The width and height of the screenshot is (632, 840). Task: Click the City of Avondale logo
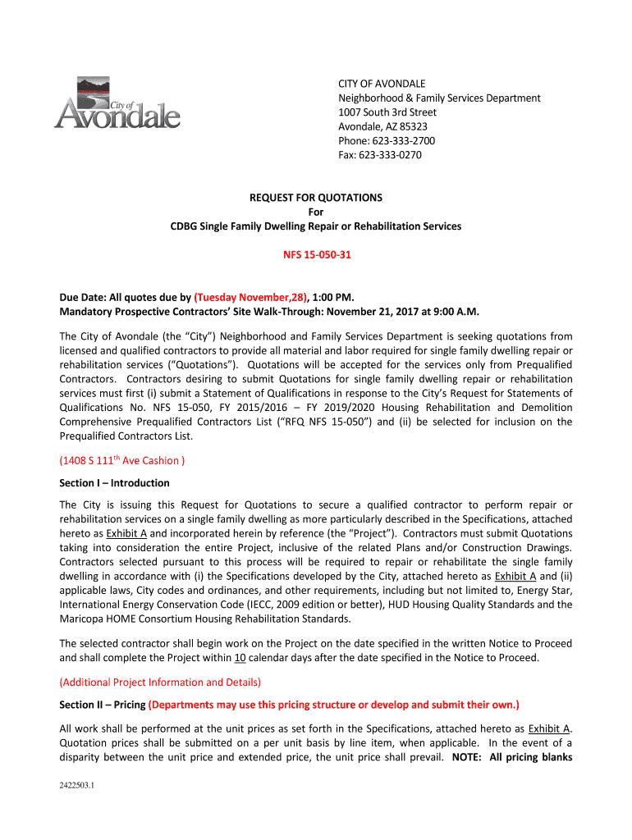coord(117,104)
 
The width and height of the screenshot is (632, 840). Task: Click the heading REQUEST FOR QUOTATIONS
coord(316,198)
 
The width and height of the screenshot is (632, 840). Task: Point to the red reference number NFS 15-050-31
coord(316,255)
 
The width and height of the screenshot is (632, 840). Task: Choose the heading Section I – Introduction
coord(114,482)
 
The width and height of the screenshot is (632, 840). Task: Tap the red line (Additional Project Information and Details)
coord(160,682)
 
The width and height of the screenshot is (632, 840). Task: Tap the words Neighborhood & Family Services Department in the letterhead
coord(439,98)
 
